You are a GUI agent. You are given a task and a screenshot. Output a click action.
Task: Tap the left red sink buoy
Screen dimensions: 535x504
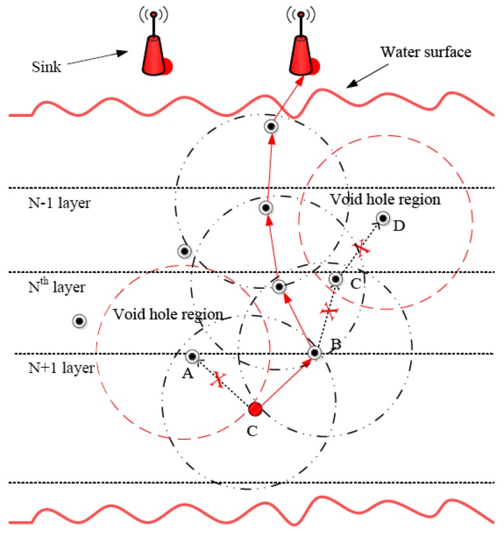click(x=154, y=51)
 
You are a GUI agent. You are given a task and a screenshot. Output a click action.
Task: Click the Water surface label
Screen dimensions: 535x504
click(x=425, y=52)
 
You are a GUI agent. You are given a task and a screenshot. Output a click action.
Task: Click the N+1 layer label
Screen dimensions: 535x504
click(x=53, y=367)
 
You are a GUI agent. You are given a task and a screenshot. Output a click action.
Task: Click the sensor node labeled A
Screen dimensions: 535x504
click(x=192, y=357)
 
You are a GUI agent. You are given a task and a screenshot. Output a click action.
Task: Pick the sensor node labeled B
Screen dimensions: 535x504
click(x=314, y=353)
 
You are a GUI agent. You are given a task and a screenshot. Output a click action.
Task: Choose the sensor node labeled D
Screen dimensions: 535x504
click(x=383, y=219)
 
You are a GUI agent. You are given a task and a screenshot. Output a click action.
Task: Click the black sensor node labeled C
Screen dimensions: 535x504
click(x=336, y=279)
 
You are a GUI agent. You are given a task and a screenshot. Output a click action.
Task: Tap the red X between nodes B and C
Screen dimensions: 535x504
click(x=328, y=311)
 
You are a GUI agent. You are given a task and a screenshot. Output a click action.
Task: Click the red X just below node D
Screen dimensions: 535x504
click(x=361, y=248)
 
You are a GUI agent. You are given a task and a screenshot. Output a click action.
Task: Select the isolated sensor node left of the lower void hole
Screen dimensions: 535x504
click(x=79, y=321)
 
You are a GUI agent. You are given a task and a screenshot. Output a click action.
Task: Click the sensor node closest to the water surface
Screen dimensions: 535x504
click(x=272, y=126)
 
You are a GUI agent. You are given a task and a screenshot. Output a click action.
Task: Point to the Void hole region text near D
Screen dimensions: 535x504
click(x=385, y=199)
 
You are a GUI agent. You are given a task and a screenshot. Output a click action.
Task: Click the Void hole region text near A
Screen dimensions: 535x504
click(x=168, y=314)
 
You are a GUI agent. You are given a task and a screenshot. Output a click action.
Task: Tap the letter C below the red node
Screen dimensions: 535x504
click(x=252, y=431)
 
